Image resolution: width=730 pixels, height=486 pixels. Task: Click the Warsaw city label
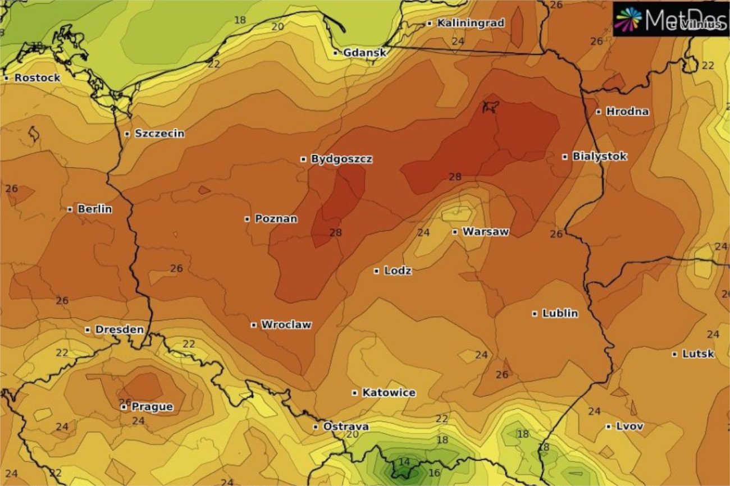[x=485, y=232]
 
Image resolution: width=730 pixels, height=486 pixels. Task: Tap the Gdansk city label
[x=364, y=53]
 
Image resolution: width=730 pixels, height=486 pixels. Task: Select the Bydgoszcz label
[x=341, y=159]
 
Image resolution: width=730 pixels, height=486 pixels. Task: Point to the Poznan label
[x=276, y=219]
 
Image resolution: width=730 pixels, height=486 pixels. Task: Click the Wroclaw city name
[x=286, y=325]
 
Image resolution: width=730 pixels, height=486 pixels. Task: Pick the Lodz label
[x=398, y=271]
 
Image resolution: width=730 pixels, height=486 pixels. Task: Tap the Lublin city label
[x=559, y=314]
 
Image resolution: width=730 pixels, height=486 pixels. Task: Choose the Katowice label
[x=389, y=393]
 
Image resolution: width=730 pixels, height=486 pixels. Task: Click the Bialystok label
[x=599, y=157]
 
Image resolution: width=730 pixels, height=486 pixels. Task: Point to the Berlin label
[x=94, y=209]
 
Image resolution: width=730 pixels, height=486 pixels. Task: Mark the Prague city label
[x=152, y=407]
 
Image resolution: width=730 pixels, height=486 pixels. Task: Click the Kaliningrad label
[x=471, y=24]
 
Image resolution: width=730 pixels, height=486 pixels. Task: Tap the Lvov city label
[x=629, y=427]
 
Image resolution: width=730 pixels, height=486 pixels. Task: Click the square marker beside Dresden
[x=88, y=329]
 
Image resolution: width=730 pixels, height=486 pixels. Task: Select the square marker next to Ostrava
[x=316, y=427]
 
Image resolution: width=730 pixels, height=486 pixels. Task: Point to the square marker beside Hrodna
[x=599, y=112]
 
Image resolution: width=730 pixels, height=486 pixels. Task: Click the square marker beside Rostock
[x=7, y=78]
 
